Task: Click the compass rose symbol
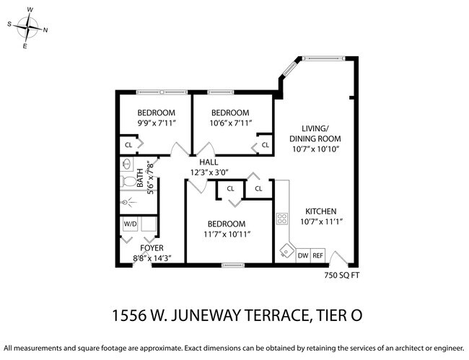[x=28, y=29]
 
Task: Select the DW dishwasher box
[x=304, y=255]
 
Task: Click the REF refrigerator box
[x=318, y=255]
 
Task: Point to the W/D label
[x=131, y=224]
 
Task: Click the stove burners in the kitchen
[x=281, y=218]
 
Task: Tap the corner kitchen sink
[x=286, y=252]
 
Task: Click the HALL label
[x=209, y=162]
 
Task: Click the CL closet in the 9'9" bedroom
[x=129, y=145]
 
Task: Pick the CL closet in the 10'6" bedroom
[x=265, y=145]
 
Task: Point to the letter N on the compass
[x=45, y=30]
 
